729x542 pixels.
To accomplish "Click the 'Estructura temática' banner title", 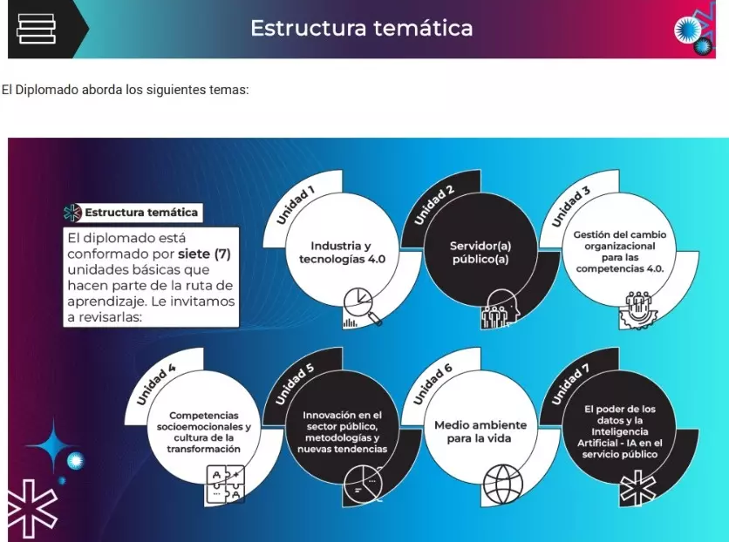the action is [x=362, y=27].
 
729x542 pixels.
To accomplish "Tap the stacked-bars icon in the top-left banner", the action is [x=37, y=29].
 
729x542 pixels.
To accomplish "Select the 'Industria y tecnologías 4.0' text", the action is [x=342, y=252].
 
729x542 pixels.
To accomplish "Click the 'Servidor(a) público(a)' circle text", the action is [x=480, y=252].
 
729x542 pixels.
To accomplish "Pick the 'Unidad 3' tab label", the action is [x=571, y=207].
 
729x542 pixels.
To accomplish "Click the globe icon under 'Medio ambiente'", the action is [x=502, y=484].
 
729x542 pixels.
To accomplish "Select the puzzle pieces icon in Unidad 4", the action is [x=225, y=484].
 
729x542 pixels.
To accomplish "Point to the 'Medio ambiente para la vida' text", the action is [x=480, y=431].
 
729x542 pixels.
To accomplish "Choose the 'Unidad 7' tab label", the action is [x=570, y=384].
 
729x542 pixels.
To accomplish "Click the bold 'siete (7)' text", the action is [x=204, y=254].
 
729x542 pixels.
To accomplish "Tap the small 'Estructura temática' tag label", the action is [x=141, y=213].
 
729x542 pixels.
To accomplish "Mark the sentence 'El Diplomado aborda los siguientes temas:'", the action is [x=125, y=90].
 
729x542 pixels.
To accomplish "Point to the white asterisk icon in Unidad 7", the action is [x=638, y=487].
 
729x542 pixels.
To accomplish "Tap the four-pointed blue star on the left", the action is [x=53, y=446].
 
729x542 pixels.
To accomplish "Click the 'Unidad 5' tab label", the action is [x=295, y=384].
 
